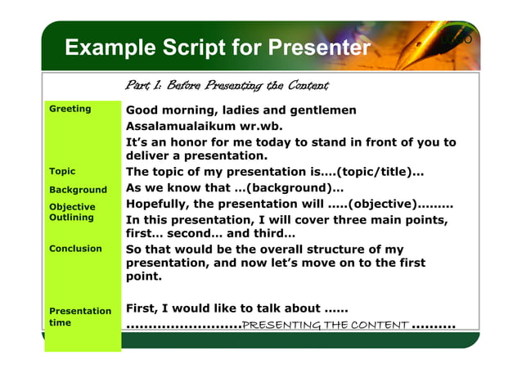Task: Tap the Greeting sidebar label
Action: point(70,109)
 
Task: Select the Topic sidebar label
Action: point(62,171)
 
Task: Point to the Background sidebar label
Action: point(78,189)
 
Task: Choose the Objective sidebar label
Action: point(72,207)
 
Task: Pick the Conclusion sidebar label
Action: point(75,248)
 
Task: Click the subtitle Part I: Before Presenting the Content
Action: point(227,85)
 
